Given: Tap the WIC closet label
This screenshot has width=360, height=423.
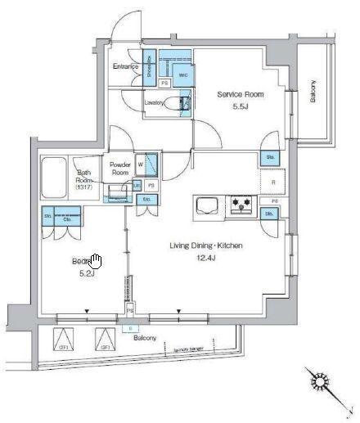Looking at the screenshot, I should (183, 74).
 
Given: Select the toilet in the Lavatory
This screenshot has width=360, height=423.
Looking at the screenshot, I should (183, 103).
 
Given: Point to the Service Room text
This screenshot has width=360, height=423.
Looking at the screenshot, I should (238, 95).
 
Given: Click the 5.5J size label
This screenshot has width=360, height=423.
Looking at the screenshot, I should (238, 107).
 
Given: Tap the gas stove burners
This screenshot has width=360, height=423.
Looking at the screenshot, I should (243, 202).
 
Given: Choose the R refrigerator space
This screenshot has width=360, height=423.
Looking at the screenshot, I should (272, 182).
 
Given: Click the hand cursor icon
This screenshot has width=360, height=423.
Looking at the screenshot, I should (96, 261).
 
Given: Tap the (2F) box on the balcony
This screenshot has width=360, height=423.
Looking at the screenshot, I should (63, 340).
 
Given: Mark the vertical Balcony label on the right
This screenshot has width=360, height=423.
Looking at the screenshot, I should (313, 91).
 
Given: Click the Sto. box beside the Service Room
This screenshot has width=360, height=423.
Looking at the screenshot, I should (269, 157).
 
